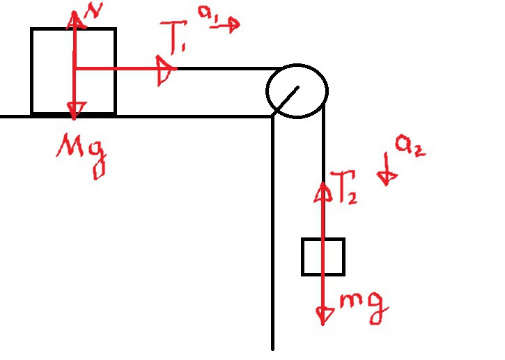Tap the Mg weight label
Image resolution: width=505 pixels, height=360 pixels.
[81, 155]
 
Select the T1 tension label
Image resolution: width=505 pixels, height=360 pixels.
[175, 36]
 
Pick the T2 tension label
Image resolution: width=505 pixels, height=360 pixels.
[343, 187]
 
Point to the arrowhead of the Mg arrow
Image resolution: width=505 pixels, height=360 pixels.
[75, 109]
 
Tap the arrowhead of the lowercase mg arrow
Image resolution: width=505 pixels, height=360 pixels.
[324, 316]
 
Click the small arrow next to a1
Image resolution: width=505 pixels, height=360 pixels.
[226, 26]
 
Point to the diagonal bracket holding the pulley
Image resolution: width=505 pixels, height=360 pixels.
[286, 99]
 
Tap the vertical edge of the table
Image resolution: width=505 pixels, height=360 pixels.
[272, 233]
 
